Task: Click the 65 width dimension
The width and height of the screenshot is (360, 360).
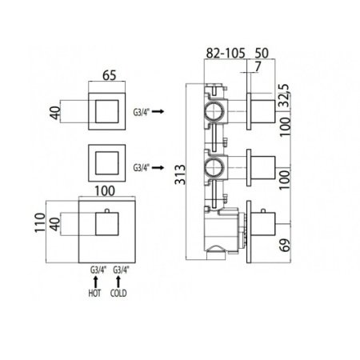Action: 110,75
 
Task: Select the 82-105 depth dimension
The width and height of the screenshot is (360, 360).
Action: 226,54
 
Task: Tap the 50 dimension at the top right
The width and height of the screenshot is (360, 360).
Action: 262,54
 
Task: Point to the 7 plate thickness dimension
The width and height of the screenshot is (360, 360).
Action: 258,66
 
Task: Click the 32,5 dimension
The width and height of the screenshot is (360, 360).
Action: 285,95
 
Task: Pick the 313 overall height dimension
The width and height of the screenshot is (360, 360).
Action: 180,174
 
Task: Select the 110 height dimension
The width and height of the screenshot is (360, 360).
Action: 40,222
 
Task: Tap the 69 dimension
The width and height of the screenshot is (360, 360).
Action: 285,245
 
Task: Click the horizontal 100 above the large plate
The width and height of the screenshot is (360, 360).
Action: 105,191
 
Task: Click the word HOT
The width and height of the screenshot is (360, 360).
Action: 94,294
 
